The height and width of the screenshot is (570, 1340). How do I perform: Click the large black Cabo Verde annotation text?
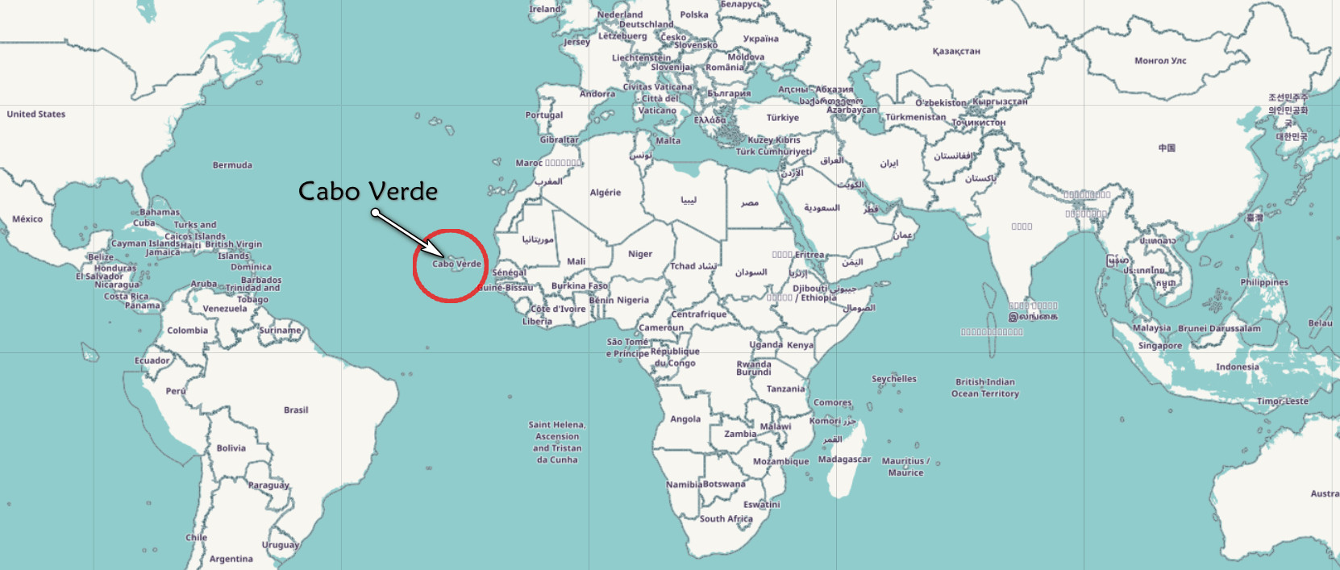coord(368,191)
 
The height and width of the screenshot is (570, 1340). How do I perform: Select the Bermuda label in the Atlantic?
coord(232,165)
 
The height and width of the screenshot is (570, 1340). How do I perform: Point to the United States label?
coord(36,114)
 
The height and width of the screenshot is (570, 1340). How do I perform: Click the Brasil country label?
coord(296,410)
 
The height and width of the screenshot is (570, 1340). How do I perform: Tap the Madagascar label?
coord(844,460)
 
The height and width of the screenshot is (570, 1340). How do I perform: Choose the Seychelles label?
coord(893,379)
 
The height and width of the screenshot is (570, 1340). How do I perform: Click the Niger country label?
coord(640,254)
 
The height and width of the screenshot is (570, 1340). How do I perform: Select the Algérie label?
coord(605,193)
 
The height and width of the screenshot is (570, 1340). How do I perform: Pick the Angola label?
coord(685,419)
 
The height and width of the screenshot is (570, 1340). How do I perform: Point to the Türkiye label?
coord(783,118)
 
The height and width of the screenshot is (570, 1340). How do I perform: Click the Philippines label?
coord(1264,283)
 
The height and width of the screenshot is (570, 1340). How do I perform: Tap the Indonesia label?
coord(1237,367)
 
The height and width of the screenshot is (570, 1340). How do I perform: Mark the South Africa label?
coord(726,519)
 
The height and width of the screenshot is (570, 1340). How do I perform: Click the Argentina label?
coord(231,559)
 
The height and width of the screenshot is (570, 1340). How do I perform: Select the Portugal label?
coord(544,115)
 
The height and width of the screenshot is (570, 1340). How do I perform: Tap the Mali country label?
coord(576,261)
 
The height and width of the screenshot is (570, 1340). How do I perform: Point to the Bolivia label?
coord(231,448)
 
